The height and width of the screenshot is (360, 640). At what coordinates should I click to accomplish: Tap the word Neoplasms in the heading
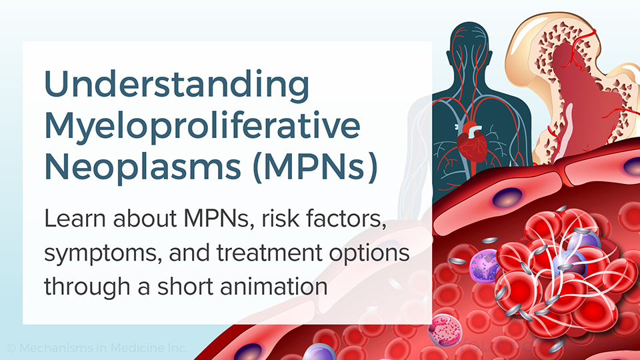(x=143, y=167)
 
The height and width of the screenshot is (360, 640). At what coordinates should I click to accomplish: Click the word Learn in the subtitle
(x=75, y=219)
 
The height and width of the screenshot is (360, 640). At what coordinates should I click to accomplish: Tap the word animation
(x=274, y=286)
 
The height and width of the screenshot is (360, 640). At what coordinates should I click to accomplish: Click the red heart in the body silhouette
(x=472, y=143)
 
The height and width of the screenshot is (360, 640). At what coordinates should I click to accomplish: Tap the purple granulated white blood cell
(x=485, y=266)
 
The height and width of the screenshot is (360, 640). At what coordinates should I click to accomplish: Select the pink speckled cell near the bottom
(x=445, y=330)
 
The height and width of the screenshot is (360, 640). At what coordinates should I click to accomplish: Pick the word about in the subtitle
(x=145, y=219)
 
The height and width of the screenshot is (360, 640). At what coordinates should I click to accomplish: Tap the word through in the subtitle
(x=87, y=287)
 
